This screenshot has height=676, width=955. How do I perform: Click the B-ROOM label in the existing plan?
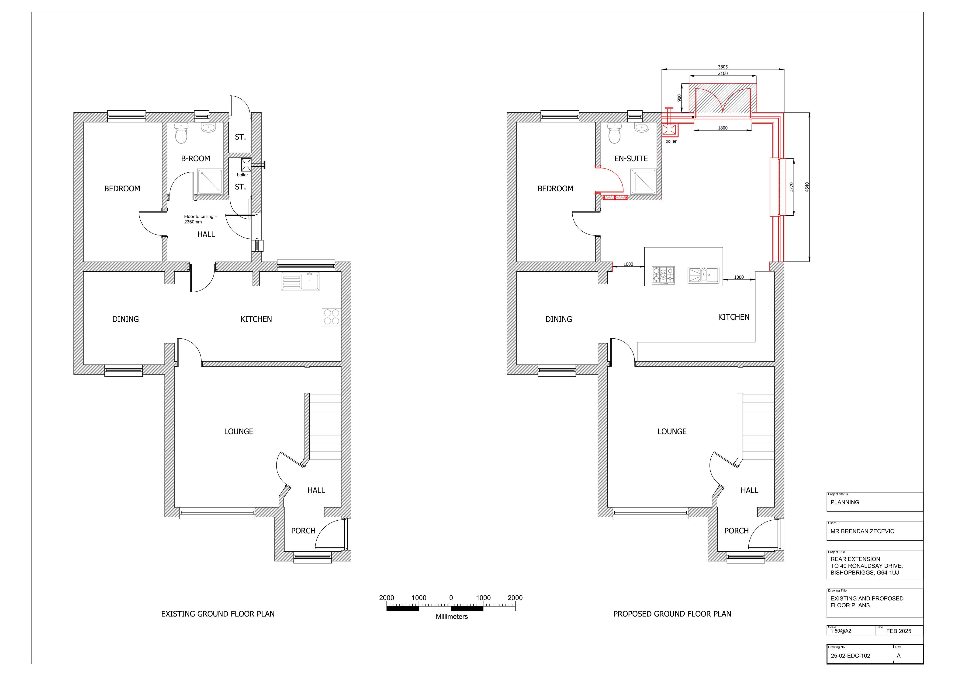click(x=195, y=159)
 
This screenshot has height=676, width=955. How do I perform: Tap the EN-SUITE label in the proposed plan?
click(x=631, y=159)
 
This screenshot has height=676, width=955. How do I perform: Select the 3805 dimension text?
click(x=723, y=67)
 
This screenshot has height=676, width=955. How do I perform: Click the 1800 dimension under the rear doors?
click(x=723, y=128)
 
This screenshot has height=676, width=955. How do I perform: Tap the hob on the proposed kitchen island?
click(x=663, y=275)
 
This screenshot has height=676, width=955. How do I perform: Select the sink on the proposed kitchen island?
click(x=703, y=275)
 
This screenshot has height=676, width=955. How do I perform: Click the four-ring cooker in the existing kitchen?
click(x=332, y=316)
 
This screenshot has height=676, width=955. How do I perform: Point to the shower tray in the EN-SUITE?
click(x=643, y=182)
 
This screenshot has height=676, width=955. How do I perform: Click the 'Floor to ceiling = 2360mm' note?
click(x=201, y=219)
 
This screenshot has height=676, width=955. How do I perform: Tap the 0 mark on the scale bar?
click(x=451, y=598)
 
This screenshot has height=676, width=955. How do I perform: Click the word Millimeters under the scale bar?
click(x=452, y=616)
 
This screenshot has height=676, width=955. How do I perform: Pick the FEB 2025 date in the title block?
click(x=898, y=631)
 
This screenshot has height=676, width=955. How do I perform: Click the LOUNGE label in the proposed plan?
click(x=672, y=432)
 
